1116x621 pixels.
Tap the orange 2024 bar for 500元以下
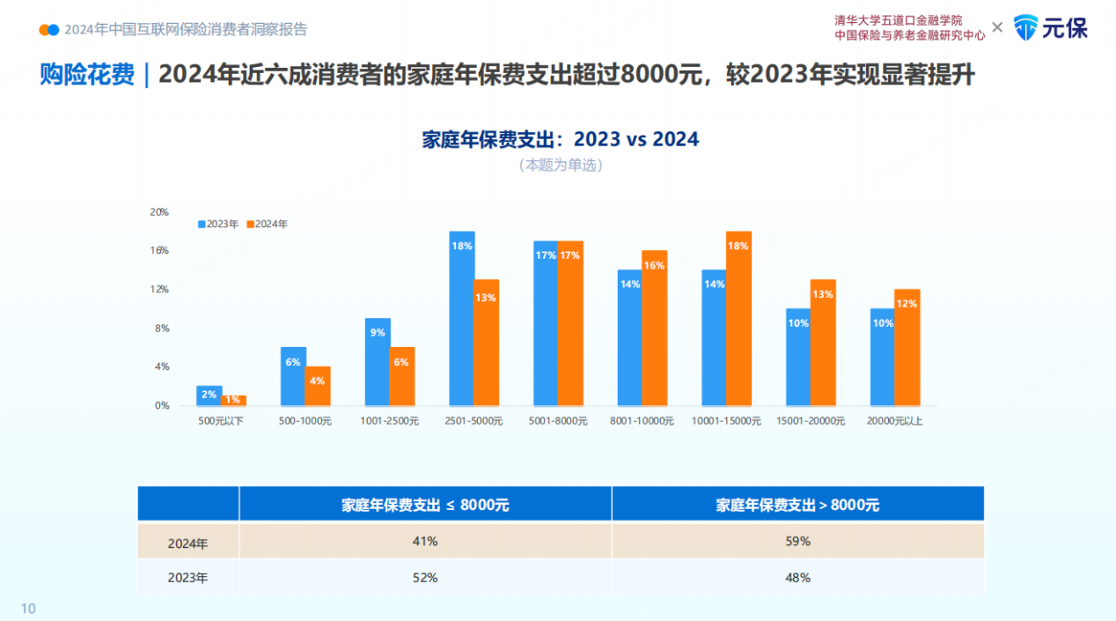point(233,401)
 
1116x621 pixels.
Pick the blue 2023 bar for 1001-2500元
point(378,362)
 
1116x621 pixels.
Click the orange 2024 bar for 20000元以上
point(907,347)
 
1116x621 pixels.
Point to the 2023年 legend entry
point(218,224)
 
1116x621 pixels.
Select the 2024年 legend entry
point(268,224)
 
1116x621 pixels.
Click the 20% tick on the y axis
point(159,212)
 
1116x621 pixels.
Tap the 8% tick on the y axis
point(161,329)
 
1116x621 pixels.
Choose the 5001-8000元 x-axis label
point(558,421)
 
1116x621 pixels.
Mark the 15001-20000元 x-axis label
point(811,421)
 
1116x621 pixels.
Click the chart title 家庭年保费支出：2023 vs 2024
point(561,139)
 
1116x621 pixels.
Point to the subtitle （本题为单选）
point(561,165)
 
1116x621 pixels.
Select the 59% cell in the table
point(798,541)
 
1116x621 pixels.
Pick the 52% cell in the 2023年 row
point(425,578)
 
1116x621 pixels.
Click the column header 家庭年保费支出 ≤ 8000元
point(425,505)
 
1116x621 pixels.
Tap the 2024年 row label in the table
point(188,543)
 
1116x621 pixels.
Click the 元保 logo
point(1051,27)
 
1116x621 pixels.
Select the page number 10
point(28,609)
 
